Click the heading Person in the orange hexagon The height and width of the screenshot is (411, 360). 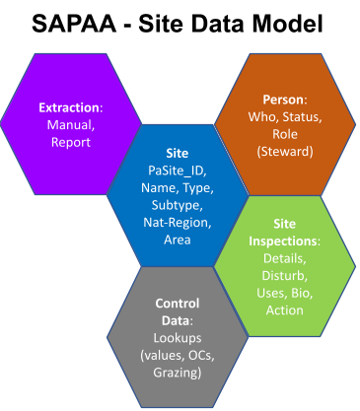(x=283, y=101)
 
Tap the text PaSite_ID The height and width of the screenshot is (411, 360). (x=175, y=172)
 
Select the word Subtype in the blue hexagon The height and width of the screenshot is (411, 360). (x=175, y=206)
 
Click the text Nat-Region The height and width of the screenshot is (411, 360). (x=175, y=223)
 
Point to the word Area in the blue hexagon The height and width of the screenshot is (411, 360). (x=175, y=240)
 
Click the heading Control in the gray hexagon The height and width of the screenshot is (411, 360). (x=178, y=305)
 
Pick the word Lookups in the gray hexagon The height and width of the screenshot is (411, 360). (x=178, y=338)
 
